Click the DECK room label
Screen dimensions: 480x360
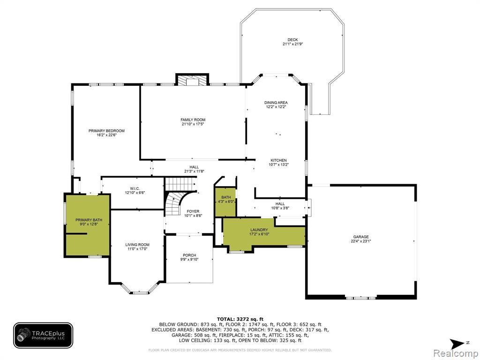[292, 40]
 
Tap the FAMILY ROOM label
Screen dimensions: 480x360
[193, 120]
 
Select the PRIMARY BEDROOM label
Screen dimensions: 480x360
[106, 131]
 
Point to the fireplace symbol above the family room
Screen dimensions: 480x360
[192, 80]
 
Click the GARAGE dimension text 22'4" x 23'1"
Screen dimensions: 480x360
[361, 241]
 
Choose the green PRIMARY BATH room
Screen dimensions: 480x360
[88, 225]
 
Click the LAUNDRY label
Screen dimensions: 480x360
[259, 230]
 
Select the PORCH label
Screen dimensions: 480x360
[189, 255]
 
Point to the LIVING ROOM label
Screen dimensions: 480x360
[137, 245]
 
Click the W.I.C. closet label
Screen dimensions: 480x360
[135, 188]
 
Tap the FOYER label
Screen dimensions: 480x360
[193, 211]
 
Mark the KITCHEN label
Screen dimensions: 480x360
[278, 160]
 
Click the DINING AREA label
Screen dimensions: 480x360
[276, 103]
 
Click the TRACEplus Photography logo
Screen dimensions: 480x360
[43, 336]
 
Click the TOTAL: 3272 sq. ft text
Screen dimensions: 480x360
[240, 319]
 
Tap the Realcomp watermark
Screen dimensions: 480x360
[456, 353]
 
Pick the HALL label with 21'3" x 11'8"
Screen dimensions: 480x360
[194, 167]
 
